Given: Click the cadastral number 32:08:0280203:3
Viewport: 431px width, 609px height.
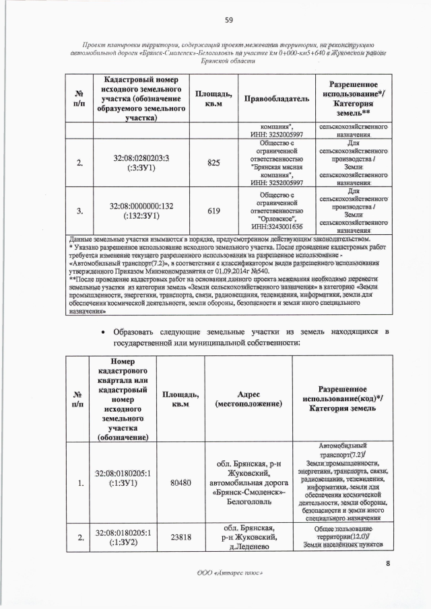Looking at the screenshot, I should pyautogui.click(x=141, y=157).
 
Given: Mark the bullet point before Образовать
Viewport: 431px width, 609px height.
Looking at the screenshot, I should pyautogui.click(x=102, y=332).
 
